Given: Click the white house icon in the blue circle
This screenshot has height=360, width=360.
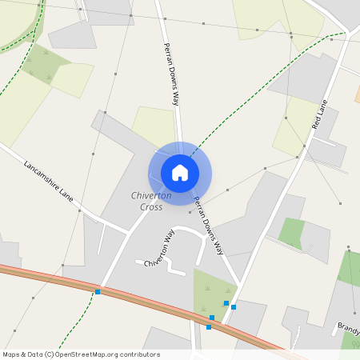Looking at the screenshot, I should [x=180, y=172].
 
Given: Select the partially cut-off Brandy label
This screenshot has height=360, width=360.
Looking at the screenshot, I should [x=348, y=327].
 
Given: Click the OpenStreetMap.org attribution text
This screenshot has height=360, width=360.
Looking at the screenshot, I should [x=117, y=354].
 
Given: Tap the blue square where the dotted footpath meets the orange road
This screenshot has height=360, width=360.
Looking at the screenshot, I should [x=98, y=292].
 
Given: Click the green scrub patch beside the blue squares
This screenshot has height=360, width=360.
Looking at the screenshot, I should [x=210, y=292].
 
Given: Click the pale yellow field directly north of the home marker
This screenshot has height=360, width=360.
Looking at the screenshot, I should [x=154, y=124].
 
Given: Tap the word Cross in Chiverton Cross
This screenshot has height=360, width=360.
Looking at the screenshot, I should [x=151, y=207].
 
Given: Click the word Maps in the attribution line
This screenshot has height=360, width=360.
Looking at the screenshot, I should [x=11, y=354].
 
